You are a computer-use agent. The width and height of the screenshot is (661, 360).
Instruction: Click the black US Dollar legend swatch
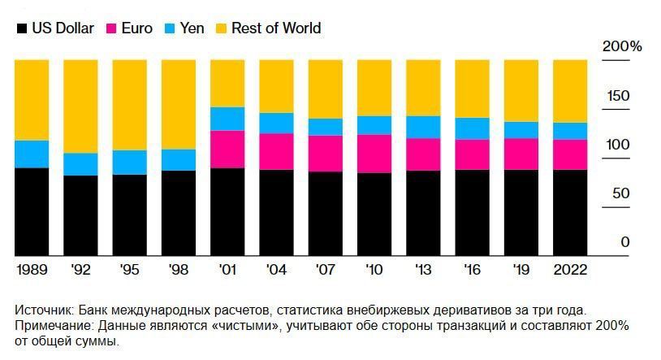pos(21,28)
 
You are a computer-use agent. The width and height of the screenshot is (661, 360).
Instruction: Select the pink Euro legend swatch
pos(112,28)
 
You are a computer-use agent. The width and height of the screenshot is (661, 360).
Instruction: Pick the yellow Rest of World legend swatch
pos(221,28)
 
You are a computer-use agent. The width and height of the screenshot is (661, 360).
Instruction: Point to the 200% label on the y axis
pos(621,47)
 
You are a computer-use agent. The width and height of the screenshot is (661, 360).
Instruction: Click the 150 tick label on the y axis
pos(619,97)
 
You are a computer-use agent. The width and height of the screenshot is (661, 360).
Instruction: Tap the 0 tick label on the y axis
pos(624,242)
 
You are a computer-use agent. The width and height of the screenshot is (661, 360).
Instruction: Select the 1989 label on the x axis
pos(32,269)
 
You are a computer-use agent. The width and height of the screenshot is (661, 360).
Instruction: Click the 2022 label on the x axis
pos(569,269)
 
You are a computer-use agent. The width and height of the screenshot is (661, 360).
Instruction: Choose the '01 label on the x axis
pos(227,269)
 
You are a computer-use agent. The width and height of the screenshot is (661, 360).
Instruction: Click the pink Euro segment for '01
pos(227,149)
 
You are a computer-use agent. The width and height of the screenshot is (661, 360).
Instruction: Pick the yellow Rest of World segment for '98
pos(179,104)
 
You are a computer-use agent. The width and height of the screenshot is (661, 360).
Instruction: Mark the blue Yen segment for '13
pos(423,127)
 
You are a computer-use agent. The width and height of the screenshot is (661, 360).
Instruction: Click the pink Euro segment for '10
pos(374,154)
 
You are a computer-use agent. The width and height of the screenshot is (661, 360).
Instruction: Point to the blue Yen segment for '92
pos(80,164)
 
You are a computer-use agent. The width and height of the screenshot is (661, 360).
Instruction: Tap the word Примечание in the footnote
pos(53,326)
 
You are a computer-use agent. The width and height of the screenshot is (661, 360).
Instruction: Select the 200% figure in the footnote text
pos(611,326)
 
